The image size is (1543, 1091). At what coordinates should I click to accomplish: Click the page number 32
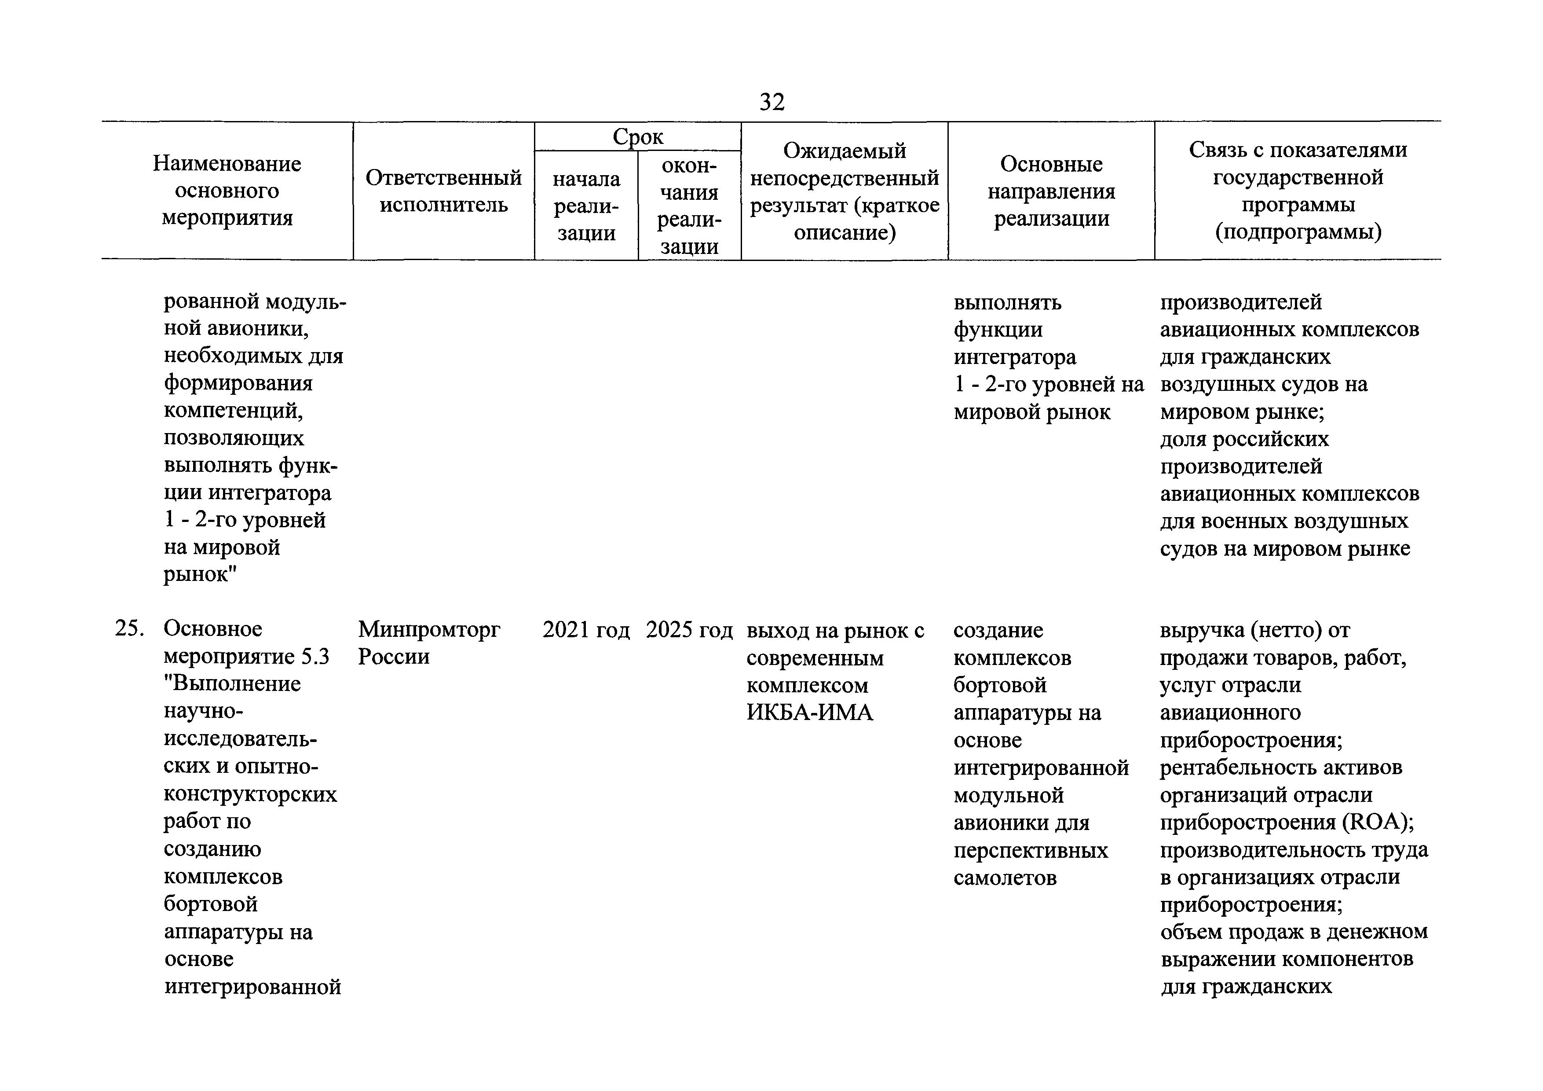coord(771,102)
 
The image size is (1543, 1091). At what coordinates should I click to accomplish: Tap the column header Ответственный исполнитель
coord(443,191)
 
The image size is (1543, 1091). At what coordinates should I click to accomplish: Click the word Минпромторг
coord(429,629)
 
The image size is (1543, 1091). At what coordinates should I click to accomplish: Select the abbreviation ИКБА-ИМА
coord(809,713)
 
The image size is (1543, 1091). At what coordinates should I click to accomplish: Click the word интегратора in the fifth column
coord(1014,357)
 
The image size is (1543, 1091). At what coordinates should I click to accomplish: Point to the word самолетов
coord(1005,878)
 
